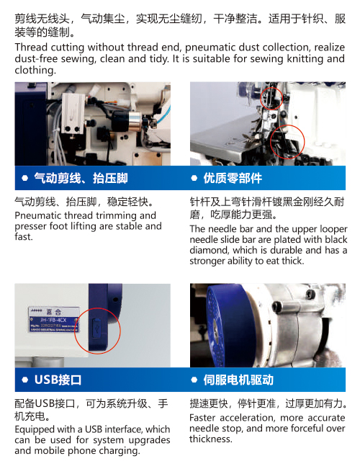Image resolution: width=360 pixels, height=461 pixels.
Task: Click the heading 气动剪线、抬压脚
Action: (81, 178)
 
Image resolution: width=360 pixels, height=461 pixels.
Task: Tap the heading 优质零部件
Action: (233, 178)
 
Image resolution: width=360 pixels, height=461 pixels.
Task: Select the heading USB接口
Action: (58, 380)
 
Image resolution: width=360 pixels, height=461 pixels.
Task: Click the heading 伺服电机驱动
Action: (238, 380)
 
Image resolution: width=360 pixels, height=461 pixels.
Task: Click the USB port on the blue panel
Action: (96, 326)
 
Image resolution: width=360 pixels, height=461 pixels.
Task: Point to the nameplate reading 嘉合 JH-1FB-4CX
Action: (54, 320)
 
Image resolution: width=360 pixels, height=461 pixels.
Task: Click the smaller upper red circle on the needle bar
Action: (271, 99)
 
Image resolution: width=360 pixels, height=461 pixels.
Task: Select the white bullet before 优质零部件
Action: (194, 178)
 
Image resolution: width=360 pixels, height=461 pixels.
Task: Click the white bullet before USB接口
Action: (25, 380)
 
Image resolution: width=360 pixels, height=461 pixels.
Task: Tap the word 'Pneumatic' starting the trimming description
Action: (38, 215)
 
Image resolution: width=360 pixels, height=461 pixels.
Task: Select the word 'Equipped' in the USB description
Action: (34, 429)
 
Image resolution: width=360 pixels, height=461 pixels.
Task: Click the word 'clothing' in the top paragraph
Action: (35, 71)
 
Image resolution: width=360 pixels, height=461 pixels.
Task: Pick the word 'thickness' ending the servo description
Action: (211, 439)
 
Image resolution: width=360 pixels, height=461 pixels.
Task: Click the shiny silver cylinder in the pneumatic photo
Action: (135, 122)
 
